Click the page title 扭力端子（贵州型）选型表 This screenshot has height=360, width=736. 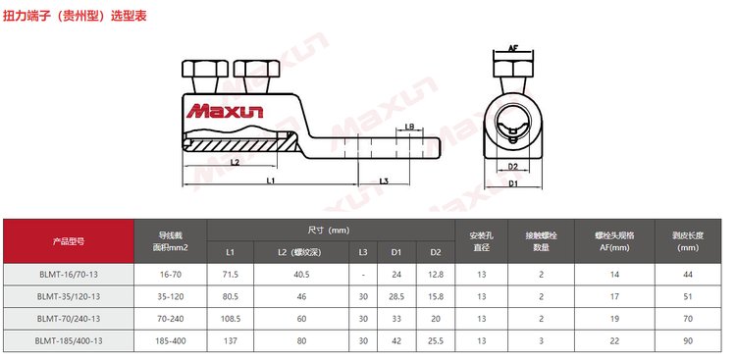pos(75,16)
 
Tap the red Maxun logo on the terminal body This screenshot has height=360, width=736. pos(225,111)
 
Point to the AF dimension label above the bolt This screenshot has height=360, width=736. pos(513,47)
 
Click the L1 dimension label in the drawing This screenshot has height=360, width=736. pos(271,180)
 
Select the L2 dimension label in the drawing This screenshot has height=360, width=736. pos(236,163)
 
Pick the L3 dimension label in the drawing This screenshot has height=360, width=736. pos(384,181)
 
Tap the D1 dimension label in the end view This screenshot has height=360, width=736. pos(513,183)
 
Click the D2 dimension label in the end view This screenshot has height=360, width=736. pos(512,166)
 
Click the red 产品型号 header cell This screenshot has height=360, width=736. pos(69,241)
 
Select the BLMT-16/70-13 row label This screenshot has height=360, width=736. pos(69,274)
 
